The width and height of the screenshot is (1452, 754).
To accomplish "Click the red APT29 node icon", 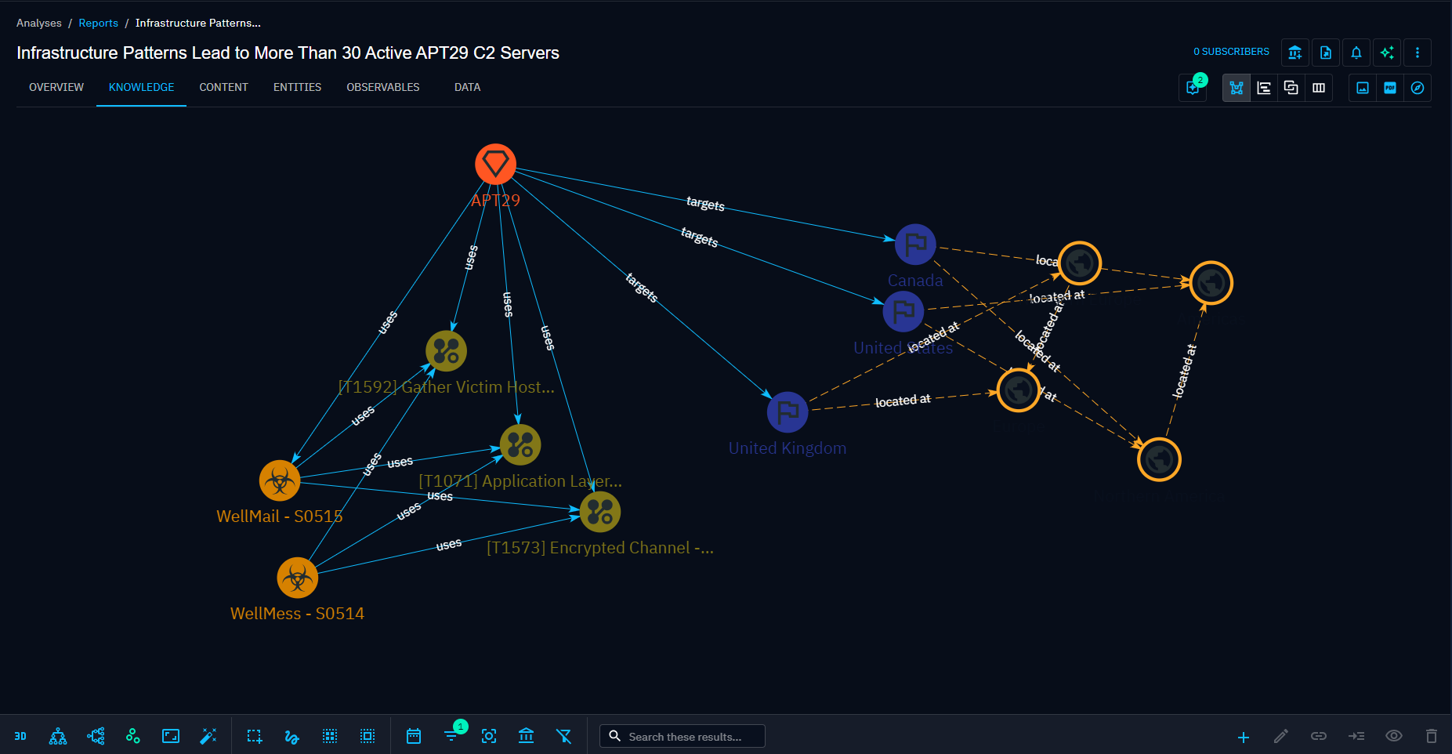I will point(495,164).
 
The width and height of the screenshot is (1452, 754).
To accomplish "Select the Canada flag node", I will point(915,245).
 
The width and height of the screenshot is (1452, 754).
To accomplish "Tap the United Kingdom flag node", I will point(788,411).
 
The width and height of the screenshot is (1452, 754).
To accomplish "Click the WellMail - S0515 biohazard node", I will point(280,480).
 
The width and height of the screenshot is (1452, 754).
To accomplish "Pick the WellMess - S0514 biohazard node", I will point(297,578).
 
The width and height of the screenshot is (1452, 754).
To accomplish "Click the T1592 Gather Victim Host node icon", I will point(446,350).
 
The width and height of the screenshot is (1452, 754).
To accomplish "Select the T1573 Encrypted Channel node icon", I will point(600,512).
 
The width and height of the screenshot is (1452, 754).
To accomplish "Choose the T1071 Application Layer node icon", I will point(520,444).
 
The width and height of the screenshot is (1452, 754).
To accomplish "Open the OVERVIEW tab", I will point(56,87).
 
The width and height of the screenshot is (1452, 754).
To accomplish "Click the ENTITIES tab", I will point(297,87).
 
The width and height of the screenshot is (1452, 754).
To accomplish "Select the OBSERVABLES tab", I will point(382,87).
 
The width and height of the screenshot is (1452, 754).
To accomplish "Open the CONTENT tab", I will point(223,87).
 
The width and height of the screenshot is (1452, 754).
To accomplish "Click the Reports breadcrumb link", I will point(98,23).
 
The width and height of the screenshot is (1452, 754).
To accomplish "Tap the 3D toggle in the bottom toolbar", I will point(20,736).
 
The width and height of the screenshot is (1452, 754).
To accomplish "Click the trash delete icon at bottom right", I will point(1431,736).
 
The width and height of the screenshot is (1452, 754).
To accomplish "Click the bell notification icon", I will point(1356,53).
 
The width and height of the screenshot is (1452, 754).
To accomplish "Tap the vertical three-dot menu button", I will point(1417,53).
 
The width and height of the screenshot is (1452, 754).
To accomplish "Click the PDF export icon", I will point(1389,88).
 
